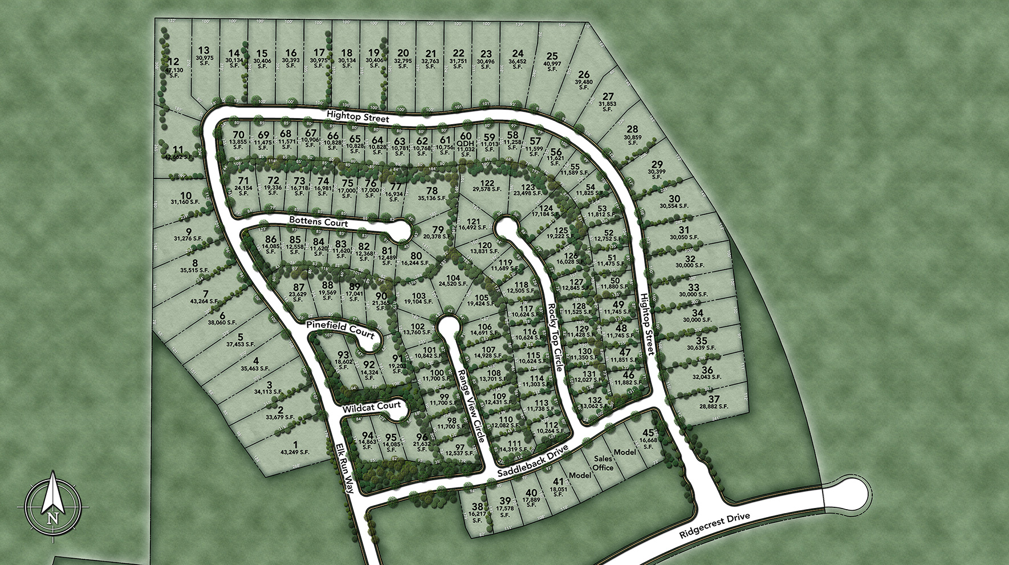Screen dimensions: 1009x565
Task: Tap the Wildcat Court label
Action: click(x=368, y=408)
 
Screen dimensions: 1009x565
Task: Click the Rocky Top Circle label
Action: click(x=555, y=338)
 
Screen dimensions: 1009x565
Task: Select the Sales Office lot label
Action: click(x=604, y=463)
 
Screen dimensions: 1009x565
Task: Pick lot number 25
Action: click(x=551, y=56)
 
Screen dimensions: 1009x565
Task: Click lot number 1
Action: click(x=295, y=444)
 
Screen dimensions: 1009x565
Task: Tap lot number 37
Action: click(x=715, y=399)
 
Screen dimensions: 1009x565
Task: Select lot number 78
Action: click(x=432, y=190)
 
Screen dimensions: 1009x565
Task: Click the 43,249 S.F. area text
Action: click(x=295, y=452)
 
